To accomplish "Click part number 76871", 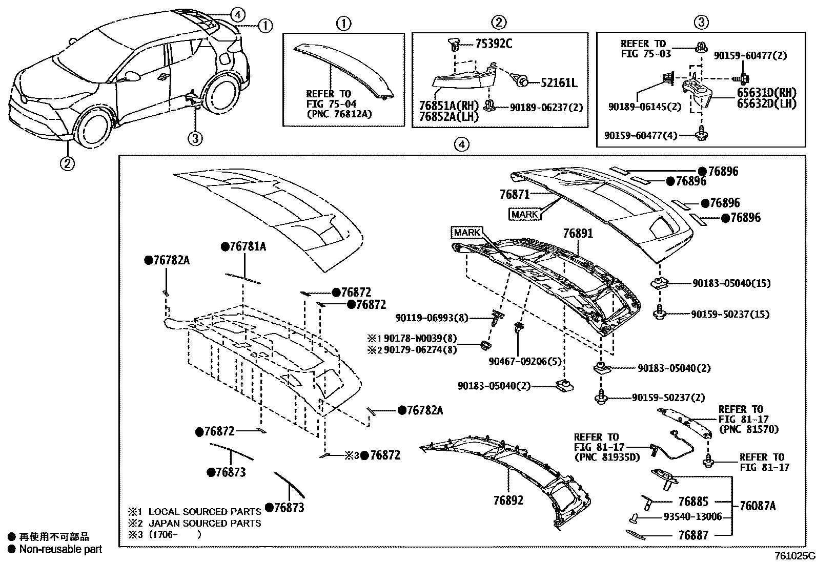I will [514, 194].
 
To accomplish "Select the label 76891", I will [578, 234].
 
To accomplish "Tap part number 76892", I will [508, 500].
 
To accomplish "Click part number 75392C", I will [493, 44].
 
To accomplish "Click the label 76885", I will [693, 502].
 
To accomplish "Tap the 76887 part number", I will [693, 535].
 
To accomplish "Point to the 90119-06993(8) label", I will [432, 318].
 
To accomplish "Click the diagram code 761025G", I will [794, 556].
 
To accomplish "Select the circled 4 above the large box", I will [461, 144].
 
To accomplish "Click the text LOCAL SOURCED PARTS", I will [205, 511].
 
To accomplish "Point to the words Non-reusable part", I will [60, 549].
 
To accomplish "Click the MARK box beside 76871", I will [525, 214].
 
